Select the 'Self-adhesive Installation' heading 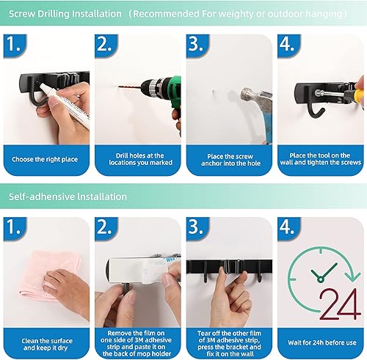[x=68, y=196]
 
